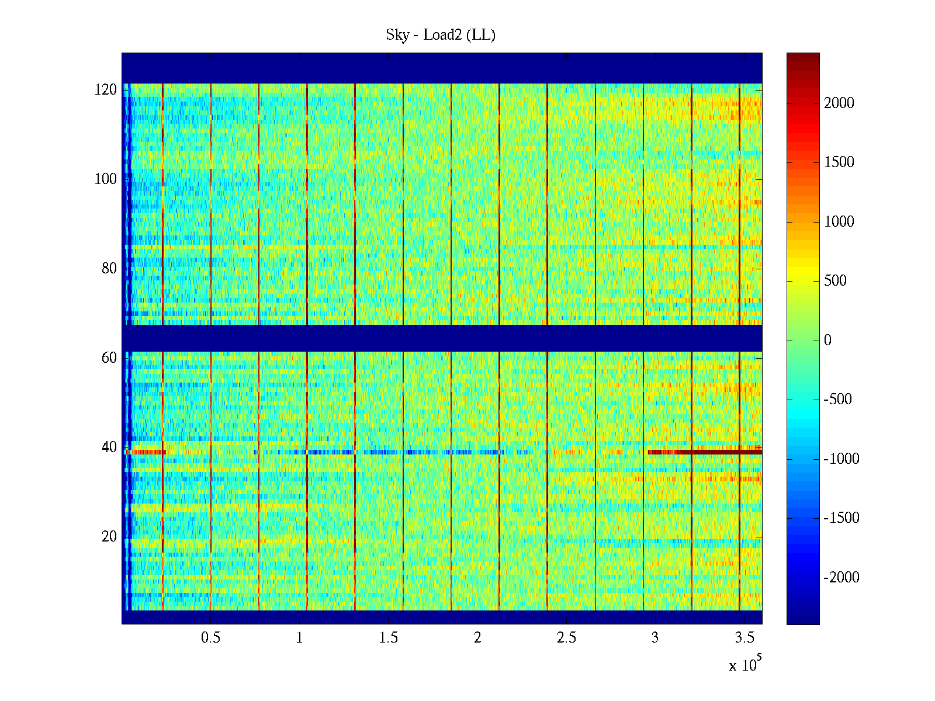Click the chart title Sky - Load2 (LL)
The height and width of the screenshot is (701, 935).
pos(441,35)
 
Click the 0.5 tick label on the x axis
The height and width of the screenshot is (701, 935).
pos(210,638)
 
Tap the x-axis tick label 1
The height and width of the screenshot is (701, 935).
pos(299,638)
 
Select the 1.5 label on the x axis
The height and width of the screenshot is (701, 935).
pos(389,638)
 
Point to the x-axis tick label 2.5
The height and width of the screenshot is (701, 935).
pos(566,638)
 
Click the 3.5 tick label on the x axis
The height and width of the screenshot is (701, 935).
pos(744,638)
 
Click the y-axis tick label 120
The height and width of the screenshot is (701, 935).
pos(106,90)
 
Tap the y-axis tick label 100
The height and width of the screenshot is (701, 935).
pos(106,179)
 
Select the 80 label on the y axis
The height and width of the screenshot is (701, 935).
pos(109,269)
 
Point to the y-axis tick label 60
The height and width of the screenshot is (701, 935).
pos(109,358)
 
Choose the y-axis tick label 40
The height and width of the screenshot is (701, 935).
pos(109,447)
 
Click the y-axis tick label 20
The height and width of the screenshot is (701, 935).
pos(109,537)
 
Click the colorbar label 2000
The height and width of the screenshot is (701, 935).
pos(839,103)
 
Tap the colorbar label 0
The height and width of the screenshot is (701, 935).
pos(827,341)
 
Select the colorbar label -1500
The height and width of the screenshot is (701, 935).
pos(841,518)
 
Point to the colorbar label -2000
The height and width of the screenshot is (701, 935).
pos(841,578)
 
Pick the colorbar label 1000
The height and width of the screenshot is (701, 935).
pos(839,222)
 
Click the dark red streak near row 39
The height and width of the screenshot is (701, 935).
pos(719,452)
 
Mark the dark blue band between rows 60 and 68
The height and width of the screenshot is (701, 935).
pos(442,338)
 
